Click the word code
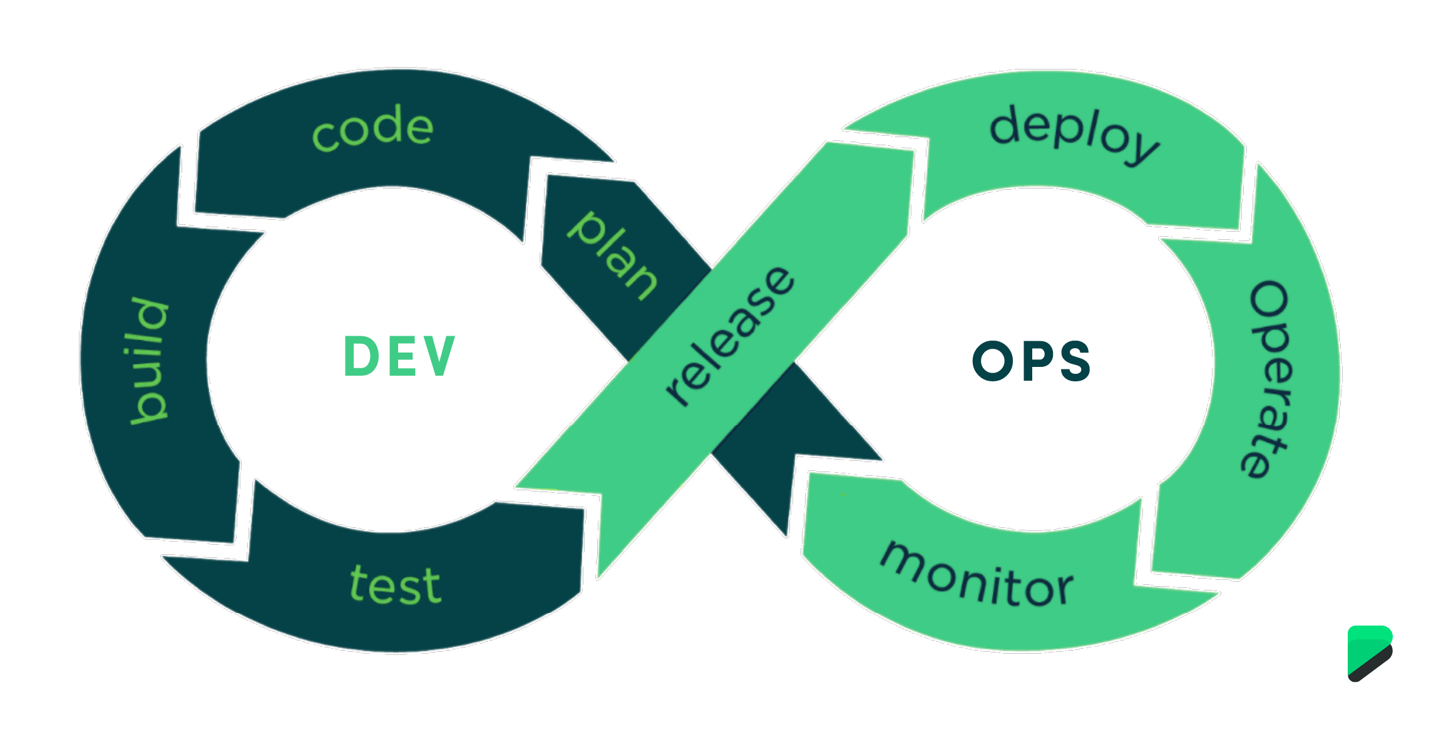pos(372,128)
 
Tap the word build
pos(149,362)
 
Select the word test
pos(396,585)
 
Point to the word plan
pos(613,255)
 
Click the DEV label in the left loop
pos(399,357)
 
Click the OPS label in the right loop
pos(1032,361)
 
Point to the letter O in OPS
pos(992,361)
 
